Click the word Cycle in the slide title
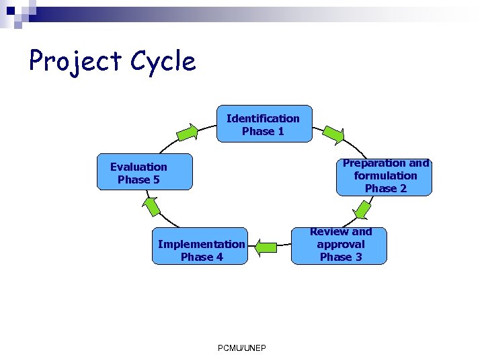(x=163, y=62)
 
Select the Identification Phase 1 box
(x=264, y=124)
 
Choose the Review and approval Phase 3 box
(x=340, y=245)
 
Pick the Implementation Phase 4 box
(x=201, y=250)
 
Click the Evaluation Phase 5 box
(x=144, y=173)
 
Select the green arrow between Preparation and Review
(x=362, y=210)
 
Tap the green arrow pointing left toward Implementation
(x=266, y=247)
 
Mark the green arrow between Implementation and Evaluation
(x=152, y=206)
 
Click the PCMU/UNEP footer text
(x=242, y=348)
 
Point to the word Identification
(x=263, y=118)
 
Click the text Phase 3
(x=340, y=257)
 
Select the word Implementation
(x=201, y=244)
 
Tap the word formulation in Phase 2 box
(x=385, y=175)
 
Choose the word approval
(x=340, y=244)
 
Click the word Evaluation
(x=138, y=167)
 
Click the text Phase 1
(x=263, y=131)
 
